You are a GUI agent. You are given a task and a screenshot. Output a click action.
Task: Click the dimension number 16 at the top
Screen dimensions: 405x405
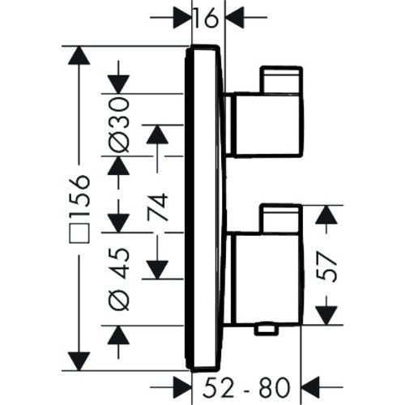click(x=206, y=19)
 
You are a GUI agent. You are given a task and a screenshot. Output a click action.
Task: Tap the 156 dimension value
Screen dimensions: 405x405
click(x=79, y=195)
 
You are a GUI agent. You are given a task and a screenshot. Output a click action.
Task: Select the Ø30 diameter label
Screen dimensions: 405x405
click(x=118, y=125)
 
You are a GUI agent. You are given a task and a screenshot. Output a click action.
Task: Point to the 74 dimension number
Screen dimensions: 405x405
click(x=157, y=207)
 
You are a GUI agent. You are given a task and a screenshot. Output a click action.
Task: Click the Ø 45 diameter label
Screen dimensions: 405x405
click(x=119, y=279)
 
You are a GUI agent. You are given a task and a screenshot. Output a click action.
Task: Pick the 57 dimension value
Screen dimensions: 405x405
click(x=326, y=266)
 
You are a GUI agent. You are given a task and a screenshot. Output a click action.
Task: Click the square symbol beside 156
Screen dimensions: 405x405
click(x=79, y=233)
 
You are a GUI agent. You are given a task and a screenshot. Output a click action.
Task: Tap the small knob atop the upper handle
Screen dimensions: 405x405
click(x=281, y=79)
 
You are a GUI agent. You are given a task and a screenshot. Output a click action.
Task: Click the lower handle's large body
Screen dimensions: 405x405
click(x=268, y=279)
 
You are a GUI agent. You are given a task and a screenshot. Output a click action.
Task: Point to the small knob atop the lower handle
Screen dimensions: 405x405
click(x=280, y=218)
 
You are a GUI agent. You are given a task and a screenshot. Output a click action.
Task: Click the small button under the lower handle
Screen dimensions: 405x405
click(x=266, y=330)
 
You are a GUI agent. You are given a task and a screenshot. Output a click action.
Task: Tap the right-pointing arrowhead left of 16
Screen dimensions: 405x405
click(x=181, y=18)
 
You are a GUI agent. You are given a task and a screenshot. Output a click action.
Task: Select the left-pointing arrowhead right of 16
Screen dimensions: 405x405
click(x=235, y=18)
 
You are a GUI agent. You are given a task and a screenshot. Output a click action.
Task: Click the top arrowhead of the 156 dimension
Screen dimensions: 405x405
click(x=79, y=55)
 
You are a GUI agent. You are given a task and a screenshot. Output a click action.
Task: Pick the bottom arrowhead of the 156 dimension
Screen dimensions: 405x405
click(x=79, y=361)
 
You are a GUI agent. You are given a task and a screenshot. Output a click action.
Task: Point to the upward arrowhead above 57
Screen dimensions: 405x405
click(x=326, y=215)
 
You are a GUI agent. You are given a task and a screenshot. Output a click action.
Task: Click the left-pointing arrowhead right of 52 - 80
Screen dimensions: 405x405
click(x=310, y=387)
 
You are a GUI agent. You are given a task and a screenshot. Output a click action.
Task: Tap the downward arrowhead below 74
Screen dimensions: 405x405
click(x=157, y=270)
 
